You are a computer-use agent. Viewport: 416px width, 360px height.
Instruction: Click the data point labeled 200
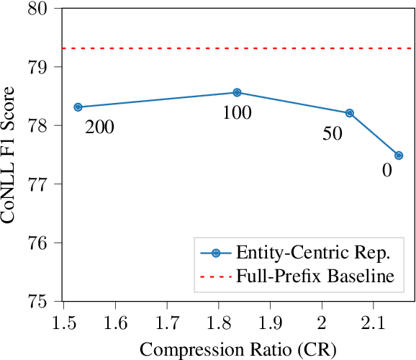pos(78,107)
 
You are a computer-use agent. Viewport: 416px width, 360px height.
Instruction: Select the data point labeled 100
pos(237,92)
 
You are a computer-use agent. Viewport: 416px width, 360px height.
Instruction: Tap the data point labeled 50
pos(350,113)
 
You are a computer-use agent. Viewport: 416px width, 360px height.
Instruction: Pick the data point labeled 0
pos(399,156)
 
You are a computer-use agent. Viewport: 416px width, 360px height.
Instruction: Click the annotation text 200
pos(99,128)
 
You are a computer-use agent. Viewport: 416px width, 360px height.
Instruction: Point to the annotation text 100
pos(236,114)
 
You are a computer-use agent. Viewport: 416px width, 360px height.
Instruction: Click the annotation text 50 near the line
pos(332,135)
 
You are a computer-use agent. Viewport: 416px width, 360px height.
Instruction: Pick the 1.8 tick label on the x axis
pos(219,320)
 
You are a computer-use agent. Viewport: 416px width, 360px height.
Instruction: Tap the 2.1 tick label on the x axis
pos(373,320)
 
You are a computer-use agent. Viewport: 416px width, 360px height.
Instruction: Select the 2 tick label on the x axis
pos(322,320)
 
